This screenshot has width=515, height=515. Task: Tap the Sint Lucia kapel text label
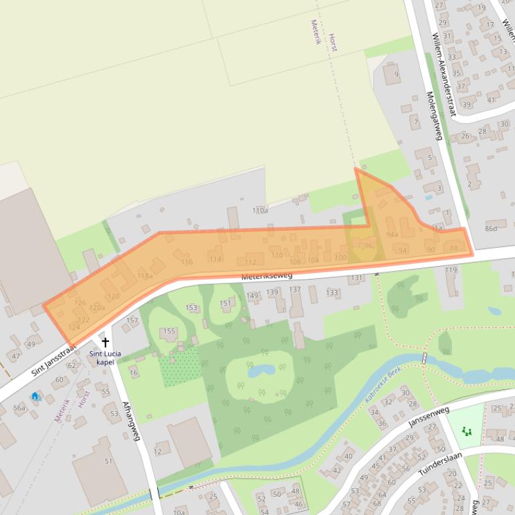(105, 358)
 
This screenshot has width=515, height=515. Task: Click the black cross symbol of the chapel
(105, 342)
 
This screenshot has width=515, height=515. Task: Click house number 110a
(260, 211)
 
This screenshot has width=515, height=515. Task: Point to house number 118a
(145, 276)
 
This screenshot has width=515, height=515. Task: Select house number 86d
(492, 229)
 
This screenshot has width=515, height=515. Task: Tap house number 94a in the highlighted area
(393, 234)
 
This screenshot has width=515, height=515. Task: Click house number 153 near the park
(192, 308)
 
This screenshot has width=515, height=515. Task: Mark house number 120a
(98, 308)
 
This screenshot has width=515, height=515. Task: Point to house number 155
(169, 331)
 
